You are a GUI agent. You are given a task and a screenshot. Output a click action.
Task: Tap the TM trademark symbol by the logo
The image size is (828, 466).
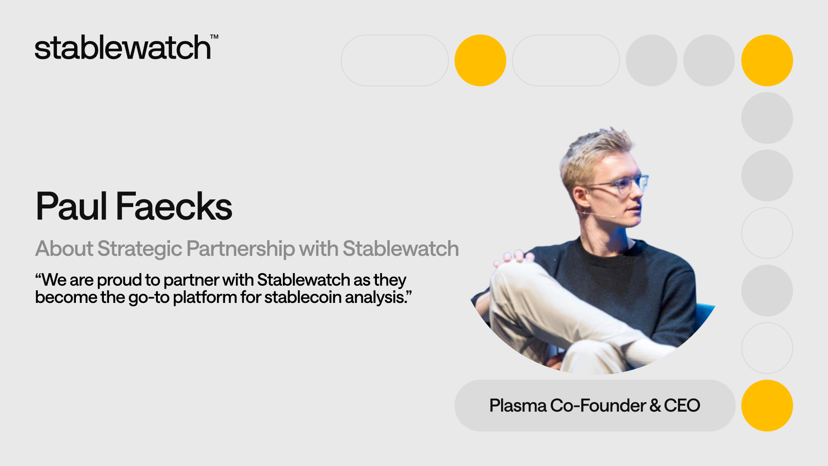pyautogui.click(x=214, y=37)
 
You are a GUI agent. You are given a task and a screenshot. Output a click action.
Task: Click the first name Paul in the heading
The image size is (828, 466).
pyautogui.click(x=72, y=206)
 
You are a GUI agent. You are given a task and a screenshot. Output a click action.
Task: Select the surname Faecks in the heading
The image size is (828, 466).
pyautogui.click(x=174, y=206)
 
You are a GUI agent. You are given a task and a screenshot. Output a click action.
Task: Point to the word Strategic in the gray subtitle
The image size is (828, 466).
pyautogui.click(x=140, y=249)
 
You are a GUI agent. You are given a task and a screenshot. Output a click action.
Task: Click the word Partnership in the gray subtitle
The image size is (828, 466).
pyautogui.click(x=241, y=249)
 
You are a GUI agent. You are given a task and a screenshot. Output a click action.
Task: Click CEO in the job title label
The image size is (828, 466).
pyautogui.click(x=682, y=406)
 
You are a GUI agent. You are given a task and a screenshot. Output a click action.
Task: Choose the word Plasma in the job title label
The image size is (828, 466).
pyautogui.click(x=518, y=406)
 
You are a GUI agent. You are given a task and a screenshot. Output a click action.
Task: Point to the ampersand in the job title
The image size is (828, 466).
pyautogui.click(x=655, y=406)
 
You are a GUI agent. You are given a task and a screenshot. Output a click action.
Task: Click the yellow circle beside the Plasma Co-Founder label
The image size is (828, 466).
pyautogui.click(x=767, y=406)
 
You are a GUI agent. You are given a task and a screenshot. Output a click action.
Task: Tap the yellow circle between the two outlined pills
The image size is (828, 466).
pyautogui.click(x=480, y=60)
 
